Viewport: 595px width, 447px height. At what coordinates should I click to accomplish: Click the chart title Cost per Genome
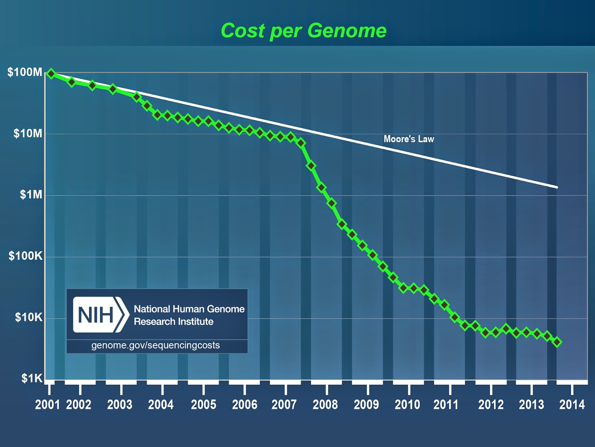(303, 31)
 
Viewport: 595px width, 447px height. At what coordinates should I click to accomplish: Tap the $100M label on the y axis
(25, 72)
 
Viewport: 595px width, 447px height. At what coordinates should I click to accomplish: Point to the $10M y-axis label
(28, 133)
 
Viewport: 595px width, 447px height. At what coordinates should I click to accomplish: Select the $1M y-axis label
(31, 194)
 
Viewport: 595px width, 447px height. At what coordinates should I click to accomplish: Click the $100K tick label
(26, 256)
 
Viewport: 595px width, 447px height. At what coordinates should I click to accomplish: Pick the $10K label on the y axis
(29, 317)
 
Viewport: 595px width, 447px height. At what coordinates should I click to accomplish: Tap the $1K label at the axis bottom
(32, 378)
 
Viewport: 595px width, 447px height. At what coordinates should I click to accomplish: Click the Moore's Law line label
(409, 139)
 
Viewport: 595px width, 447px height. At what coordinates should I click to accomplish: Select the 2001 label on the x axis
(48, 405)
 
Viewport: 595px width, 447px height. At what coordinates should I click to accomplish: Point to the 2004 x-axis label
(161, 405)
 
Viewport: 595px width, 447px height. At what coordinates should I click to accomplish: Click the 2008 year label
(325, 405)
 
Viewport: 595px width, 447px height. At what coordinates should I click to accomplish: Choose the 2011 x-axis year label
(446, 405)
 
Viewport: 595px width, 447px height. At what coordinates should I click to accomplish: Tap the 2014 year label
(572, 405)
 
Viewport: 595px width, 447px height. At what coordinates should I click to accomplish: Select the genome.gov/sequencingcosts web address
(155, 345)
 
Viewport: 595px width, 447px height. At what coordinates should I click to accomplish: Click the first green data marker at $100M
(51, 74)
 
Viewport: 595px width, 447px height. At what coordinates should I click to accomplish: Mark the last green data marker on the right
(557, 342)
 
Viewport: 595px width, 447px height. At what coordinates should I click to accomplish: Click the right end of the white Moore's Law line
(557, 187)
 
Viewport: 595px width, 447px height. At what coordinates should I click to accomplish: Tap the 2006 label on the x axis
(244, 405)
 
